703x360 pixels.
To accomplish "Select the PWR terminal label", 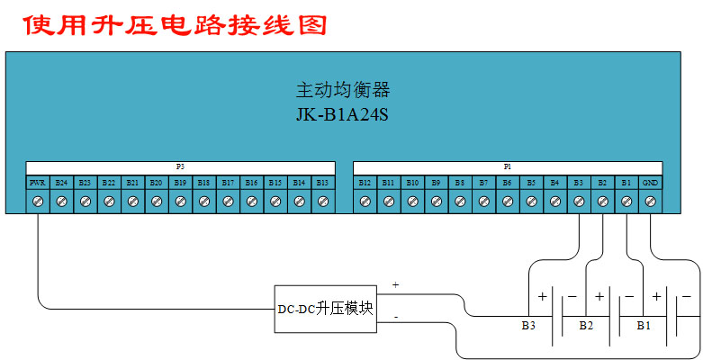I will pos(38,183).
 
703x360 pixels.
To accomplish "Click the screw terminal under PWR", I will pos(38,202).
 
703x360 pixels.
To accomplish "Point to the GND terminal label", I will pos(650,183).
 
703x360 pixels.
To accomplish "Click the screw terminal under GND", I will pos(650,202).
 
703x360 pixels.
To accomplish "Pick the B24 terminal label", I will pos(61,183).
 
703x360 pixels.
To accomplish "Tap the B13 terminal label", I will pos(322,183).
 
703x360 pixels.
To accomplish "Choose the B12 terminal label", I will pos(365,183).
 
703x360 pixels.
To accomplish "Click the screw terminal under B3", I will pos(579,202).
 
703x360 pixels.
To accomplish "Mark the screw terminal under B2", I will pos(602,202).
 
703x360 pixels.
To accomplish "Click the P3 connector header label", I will pos(180,167).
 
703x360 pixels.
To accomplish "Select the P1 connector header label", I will pos(508,167).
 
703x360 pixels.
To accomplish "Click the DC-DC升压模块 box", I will pos(325,309).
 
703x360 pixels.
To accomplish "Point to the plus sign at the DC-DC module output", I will pos(396,284).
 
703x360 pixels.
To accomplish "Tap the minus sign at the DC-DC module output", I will pos(396,317).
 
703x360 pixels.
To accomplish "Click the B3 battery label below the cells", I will pos(528,324).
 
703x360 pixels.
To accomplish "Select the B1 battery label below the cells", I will pos(643,324).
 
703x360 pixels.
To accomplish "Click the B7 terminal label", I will pos(483,183).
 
